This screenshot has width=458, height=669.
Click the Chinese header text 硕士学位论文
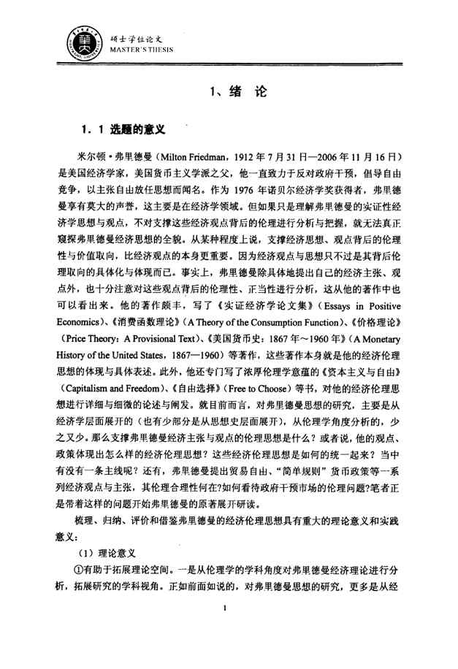[x=130, y=29]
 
